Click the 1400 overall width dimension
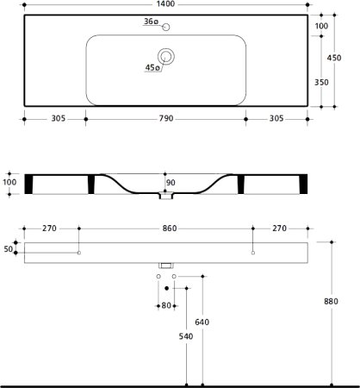[x=164, y=5]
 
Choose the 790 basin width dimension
[x=166, y=118]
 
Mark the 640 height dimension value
[x=201, y=322]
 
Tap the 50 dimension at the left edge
[x=9, y=248]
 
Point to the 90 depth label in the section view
[x=170, y=182]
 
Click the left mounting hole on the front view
[x=78, y=253]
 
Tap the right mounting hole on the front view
[x=253, y=253]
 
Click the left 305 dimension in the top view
[x=53, y=118]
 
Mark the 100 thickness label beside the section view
[x=9, y=184]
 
